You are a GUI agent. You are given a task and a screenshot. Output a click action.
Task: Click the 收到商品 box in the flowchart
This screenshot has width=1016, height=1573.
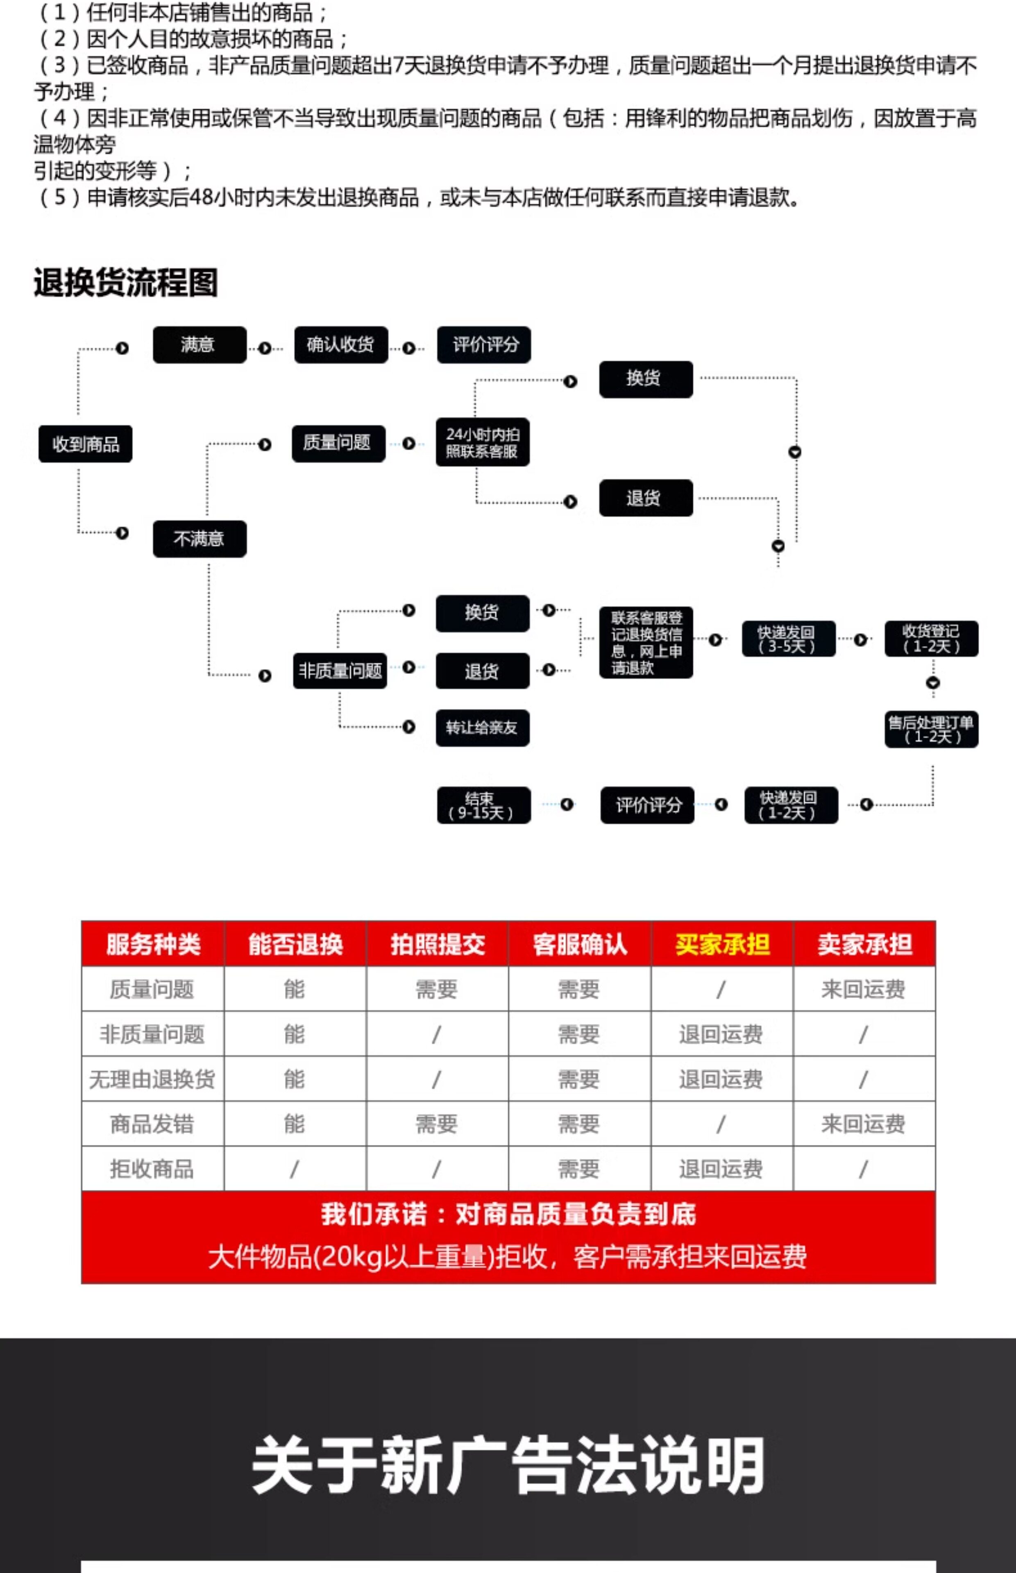click(x=85, y=444)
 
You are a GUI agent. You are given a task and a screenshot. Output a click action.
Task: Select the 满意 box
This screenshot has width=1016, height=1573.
click(x=199, y=344)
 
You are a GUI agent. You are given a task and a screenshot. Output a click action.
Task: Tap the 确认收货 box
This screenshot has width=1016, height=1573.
click(x=340, y=344)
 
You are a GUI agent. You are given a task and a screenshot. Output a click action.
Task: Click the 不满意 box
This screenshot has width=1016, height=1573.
click(x=199, y=539)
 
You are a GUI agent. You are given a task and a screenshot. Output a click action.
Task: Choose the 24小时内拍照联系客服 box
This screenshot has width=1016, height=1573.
click(x=482, y=442)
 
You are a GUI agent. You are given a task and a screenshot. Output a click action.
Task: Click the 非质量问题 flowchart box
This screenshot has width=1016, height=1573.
click(x=340, y=671)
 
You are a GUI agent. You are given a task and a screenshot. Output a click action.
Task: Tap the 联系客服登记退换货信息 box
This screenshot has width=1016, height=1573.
click(x=646, y=642)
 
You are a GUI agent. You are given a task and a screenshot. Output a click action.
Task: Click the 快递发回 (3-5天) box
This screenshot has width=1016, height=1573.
click(x=788, y=639)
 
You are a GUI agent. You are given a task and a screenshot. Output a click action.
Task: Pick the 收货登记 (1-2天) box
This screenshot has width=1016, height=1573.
click(x=931, y=639)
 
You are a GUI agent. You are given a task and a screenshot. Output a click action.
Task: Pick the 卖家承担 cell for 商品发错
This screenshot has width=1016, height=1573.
click(x=864, y=1124)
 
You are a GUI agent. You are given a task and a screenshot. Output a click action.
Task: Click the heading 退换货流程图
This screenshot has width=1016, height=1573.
click(x=125, y=282)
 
